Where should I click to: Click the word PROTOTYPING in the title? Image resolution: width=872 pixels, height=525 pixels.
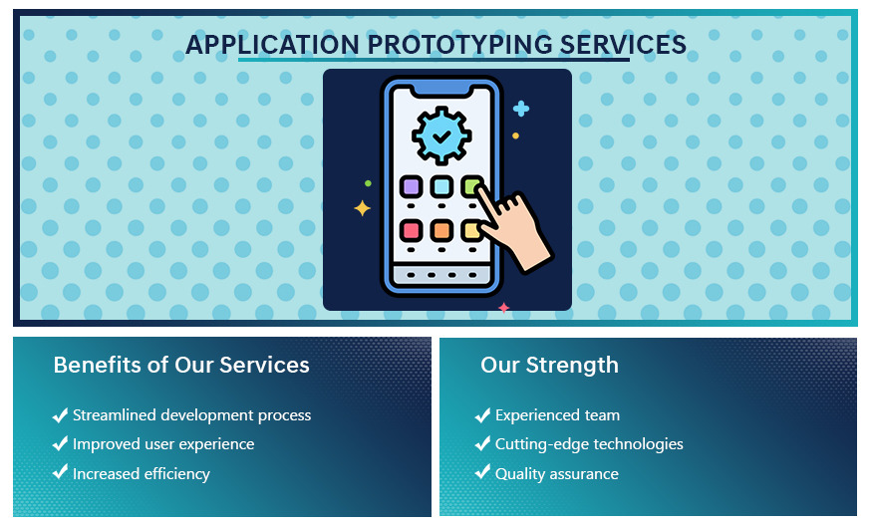pyautogui.click(x=459, y=45)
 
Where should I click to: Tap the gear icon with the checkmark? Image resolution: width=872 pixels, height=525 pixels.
pyautogui.click(x=441, y=135)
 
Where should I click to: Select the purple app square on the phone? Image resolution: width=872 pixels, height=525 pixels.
pyautogui.click(x=411, y=187)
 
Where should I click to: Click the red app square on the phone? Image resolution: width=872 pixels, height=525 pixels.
pyautogui.click(x=411, y=230)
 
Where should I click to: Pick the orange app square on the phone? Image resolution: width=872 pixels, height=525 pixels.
pyautogui.click(x=441, y=230)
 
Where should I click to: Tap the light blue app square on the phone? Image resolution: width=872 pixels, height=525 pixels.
pyautogui.click(x=441, y=187)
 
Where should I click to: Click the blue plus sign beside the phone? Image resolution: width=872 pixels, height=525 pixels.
pyautogui.click(x=521, y=109)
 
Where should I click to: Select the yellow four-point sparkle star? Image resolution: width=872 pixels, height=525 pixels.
pyautogui.click(x=362, y=208)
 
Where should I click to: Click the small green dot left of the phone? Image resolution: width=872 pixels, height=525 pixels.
pyautogui.click(x=368, y=183)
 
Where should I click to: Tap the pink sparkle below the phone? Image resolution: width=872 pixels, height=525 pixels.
pyautogui.click(x=503, y=308)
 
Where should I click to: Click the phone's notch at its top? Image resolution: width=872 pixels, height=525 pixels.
pyautogui.click(x=441, y=88)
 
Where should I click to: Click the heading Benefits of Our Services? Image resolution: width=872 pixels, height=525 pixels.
pyautogui.click(x=181, y=365)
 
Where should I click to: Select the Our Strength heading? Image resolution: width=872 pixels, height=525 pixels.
pyautogui.click(x=549, y=365)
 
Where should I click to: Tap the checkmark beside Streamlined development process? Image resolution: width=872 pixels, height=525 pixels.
pyautogui.click(x=60, y=414)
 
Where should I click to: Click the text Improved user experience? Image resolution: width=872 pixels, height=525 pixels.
pyautogui.click(x=163, y=443)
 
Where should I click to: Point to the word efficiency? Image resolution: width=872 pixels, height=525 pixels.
pyautogui.click(x=176, y=474)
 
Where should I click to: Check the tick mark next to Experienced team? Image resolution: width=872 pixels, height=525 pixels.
pyautogui.click(x=482, y=414)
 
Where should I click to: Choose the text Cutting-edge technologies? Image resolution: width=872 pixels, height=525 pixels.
pyautogui.click(x=589, y=443)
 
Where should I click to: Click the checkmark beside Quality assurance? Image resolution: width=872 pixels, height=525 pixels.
pyautogui.click(x=482, y=472)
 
